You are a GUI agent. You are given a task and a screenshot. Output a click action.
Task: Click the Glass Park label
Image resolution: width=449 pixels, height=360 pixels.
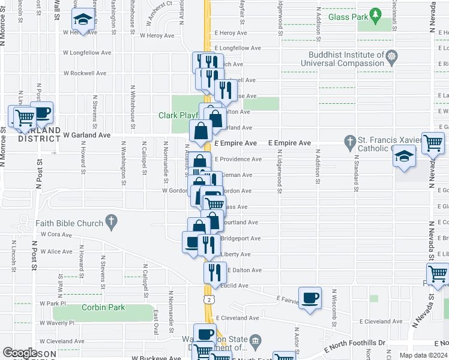(x=348, y=17)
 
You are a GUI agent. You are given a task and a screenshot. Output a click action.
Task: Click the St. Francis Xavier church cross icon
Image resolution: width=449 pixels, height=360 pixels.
(x=351, y=143)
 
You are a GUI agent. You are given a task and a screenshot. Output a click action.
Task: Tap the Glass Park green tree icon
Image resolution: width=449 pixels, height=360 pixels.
(x=376, y=13)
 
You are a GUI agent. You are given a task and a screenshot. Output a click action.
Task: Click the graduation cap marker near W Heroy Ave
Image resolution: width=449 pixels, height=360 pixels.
(x=83, y=20)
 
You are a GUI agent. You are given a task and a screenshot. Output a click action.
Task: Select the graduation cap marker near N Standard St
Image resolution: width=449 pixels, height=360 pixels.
(x=405, y=155)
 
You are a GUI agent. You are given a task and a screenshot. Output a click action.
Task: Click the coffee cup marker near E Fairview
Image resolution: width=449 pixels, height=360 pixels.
(x=310, y=298)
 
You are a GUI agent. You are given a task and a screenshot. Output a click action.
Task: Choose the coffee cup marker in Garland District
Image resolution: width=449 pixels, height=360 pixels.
(x=41, y=112)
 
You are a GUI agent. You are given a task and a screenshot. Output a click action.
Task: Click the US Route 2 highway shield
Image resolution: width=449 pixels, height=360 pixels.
(x=208, y=299)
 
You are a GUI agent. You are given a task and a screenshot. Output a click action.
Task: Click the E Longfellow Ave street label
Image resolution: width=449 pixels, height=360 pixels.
(x=237, y=47)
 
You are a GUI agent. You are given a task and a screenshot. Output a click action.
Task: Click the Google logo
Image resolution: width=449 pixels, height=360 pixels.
(x=20, y=353)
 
